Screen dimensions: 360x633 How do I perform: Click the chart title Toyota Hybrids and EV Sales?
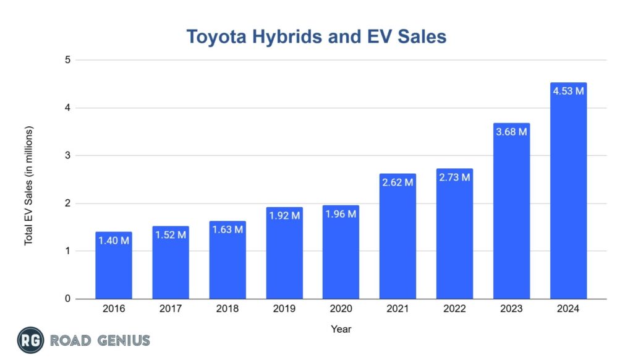tap(316, 37)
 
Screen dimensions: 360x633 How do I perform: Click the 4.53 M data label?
tap(568, 91)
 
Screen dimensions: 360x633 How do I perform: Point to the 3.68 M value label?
tap(511, 132)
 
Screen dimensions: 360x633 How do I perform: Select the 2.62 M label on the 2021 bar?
tap(397, 182)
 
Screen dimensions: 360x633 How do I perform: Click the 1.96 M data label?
tap(341, 214)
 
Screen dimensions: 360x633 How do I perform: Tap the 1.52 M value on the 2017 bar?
tap(171, 235)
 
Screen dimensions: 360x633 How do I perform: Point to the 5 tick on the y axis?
tap(68, 60)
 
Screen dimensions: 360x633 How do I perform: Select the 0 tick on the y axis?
tap(68, 299)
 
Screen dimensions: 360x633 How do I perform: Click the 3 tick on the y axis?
tap(68, 156)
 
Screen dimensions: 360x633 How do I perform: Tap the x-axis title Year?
tap(341, 329)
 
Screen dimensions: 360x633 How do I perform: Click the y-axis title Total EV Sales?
tap(29, 186)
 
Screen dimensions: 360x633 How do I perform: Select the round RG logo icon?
tap(30, 340)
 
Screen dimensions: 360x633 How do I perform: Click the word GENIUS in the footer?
tap(122, 340)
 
